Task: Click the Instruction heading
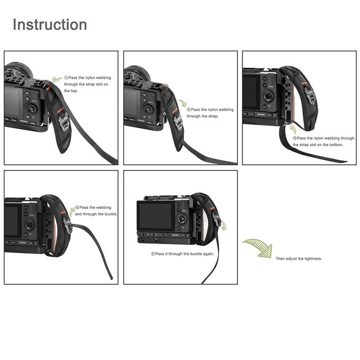(x=50, y=25)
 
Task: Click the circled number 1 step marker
(x=66, y=78)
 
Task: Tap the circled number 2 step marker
(x=189, y=110)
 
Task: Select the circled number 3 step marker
(x=295, y=138)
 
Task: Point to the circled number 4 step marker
(x=77, y=208)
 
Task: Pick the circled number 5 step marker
(x=153, y=254)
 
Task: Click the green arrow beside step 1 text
(x=57, y=79)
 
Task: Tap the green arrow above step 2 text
(x=183, y=103)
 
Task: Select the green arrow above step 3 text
(x=292, y=129)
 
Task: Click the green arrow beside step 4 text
(x=72, y=211)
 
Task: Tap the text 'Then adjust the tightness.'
(x=299, y=259)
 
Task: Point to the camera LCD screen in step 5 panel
(x=156, y=215)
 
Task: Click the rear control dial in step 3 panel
(x=268, y=96)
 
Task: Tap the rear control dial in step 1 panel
(x=31, y=109)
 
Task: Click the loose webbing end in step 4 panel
(x=111, y=278)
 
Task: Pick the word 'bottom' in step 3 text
(x=336, y=145)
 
